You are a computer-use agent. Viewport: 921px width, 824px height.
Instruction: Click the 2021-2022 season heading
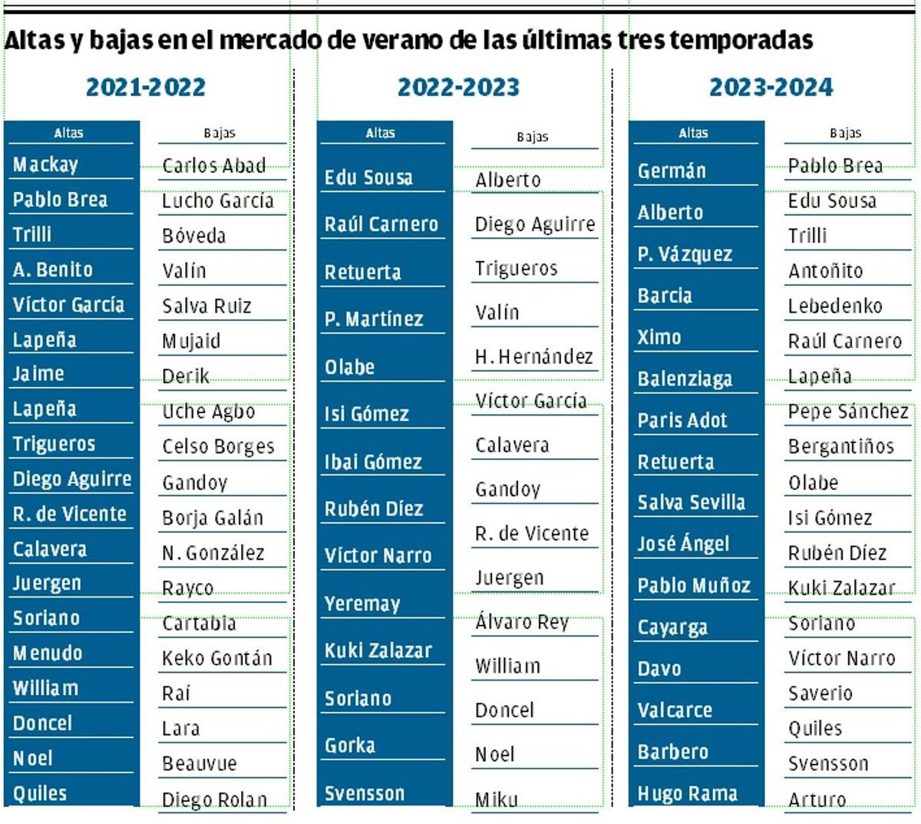(146, 87)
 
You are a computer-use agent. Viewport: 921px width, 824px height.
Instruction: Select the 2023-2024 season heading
(771, 87)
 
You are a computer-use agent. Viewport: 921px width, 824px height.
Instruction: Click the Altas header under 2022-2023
(380, 133)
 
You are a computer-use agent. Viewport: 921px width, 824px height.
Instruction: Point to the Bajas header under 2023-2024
(845, 133)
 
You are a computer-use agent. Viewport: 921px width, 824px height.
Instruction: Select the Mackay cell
(45, 164)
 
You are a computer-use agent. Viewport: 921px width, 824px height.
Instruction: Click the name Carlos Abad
(213, 166)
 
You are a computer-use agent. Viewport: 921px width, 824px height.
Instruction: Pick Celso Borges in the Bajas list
(218, 446)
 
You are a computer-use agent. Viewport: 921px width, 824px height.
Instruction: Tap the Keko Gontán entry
(216, 658)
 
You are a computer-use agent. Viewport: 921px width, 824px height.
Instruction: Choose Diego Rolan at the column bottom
(214, 799)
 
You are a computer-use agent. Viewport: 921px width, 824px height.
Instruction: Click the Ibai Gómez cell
(373, 462)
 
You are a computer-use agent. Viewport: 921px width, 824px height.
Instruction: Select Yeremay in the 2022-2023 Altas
(362, 604)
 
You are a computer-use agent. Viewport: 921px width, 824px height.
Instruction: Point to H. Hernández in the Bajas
(534, 357)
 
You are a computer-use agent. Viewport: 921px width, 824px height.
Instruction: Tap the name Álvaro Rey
(522, 621)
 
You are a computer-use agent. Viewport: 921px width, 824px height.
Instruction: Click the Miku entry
(496, 799)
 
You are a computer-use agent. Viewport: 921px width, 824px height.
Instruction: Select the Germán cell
(672, 170)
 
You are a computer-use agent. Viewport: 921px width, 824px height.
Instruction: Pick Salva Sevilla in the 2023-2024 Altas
(691, 502)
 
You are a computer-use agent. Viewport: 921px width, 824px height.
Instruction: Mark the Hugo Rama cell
(687, 793)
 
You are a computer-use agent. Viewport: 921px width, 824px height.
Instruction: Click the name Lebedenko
(835, 306)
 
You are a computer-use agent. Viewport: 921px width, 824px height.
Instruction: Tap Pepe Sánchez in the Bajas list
(847, 412)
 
